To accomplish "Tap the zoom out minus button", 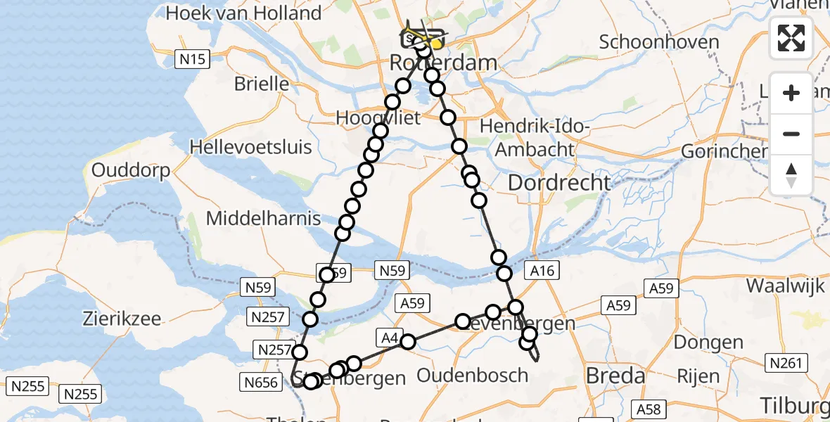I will [x=791, y=134].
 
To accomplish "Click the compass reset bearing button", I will [x=791, y=175].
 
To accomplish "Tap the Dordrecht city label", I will [x=559, y=183].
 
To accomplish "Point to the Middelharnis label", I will [x=263, y=218].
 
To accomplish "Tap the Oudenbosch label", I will [x=472, y=375].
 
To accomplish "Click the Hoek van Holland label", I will [x=244, y=13].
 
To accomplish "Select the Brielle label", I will [x=262, y=84].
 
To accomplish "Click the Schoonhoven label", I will [x=658, y=41].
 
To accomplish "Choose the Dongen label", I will [x=708, y=343].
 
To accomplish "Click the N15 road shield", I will [x=192, y=59].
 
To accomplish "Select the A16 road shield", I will [x=542, y=271].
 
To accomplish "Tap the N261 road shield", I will [x=784, y=362].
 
